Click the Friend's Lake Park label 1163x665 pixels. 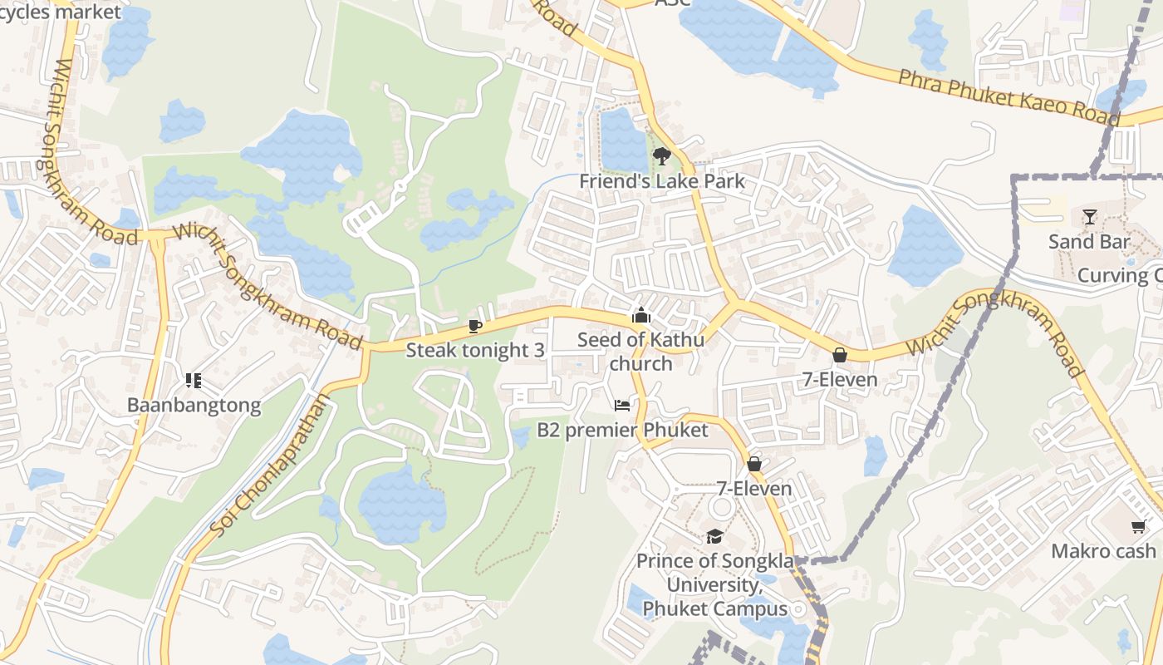661,181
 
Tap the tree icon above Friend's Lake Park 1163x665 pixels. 661,155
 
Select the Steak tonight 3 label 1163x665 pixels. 475,350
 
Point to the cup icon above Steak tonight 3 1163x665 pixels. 474,325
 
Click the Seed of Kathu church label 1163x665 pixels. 640,352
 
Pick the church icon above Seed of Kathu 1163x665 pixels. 640,315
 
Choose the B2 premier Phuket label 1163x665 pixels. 622,430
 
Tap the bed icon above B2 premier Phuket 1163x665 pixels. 622,405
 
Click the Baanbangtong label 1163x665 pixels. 194,406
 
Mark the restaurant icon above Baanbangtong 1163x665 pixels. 194,381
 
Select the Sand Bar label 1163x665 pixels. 1089,242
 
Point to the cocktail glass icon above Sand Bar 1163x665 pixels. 1089,217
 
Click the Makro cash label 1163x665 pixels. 1103,551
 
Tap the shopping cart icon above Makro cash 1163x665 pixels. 1138,526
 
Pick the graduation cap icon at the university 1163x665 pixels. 714,536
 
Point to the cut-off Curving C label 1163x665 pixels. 1119,276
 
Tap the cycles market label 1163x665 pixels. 60,12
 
